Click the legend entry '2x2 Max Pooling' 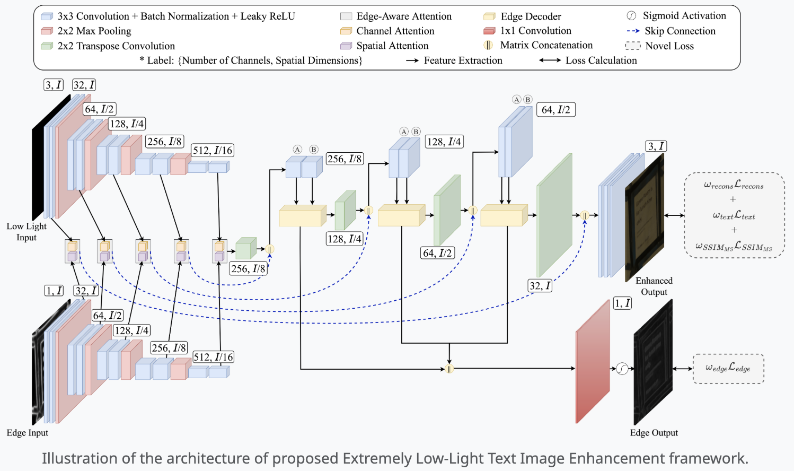click(94, 31)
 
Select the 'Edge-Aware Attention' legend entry click(404, 16)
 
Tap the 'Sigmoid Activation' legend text click(684, 16)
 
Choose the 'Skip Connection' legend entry click(680, 31)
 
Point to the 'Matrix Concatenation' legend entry click(546, 45)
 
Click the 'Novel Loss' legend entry click(669, 46)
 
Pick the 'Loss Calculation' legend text click(601, 60)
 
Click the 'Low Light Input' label click(27, 232)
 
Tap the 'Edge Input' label click(28, 433)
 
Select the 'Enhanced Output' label click(654, 286)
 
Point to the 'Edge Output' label click(654, 433)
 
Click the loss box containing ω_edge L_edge click(728, 368)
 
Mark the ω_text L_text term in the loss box click(734, 215)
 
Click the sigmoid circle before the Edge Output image click(622, 369)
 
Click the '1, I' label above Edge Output click(622, 303)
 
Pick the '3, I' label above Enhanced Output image click(656, 146)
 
